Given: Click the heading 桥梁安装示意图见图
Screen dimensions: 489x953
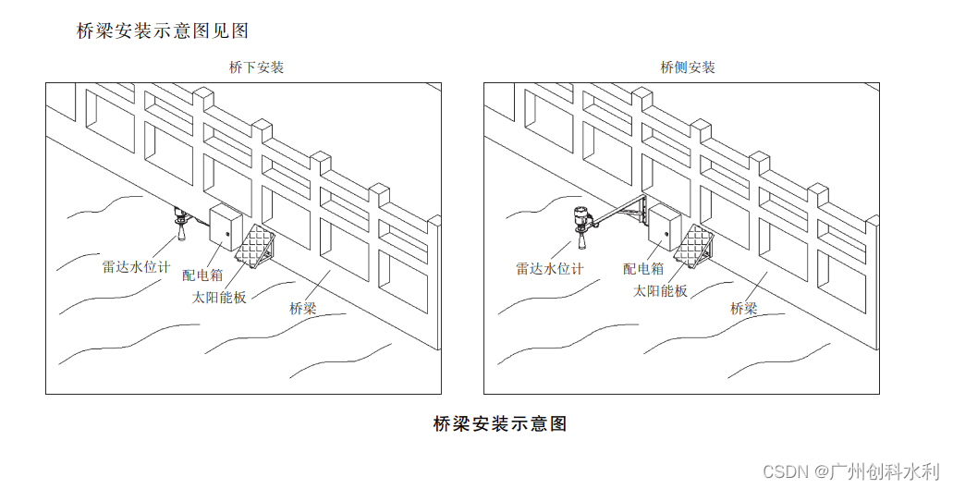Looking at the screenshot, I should pos(163,31).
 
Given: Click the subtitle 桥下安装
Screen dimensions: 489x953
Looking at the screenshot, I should pos(256,67).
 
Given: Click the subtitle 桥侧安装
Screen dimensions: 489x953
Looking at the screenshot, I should pos(688,67).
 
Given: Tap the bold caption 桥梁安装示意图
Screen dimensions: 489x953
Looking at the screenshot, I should pos(499,424).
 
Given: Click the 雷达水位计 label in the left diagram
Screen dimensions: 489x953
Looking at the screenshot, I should pos(136,267).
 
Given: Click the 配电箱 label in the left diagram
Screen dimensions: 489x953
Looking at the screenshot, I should pos(202,275).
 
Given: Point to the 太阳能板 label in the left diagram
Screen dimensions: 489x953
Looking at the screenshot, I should pos(219,297).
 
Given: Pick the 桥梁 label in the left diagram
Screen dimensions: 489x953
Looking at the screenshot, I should pos(302,309).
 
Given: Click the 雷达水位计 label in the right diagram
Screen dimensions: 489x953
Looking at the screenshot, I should pos(550,269).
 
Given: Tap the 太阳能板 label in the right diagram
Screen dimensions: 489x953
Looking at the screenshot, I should pos(660,290).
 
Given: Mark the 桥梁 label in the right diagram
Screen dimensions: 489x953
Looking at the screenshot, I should pos(744,309).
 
